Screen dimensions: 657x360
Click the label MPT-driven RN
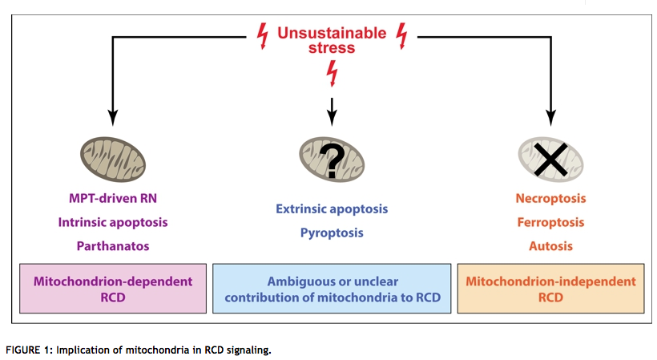(113, 198)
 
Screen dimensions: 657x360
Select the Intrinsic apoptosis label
(113, 222)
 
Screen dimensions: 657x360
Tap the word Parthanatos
(113, 246)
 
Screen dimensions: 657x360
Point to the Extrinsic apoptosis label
(332, 208)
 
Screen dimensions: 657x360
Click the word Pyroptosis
(332, 233)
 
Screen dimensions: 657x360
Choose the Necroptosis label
(550, 198)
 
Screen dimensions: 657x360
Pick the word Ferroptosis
(550, 222)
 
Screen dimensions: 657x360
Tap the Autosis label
(550, 246)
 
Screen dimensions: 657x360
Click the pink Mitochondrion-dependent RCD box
(113, 289)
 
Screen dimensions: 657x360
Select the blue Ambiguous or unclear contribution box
(332, 289)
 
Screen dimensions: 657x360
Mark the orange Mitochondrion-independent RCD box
(550, 289)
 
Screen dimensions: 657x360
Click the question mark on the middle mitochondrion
(332, 161)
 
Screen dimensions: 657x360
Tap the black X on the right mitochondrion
(550, 160)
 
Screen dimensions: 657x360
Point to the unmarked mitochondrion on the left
(113, 160)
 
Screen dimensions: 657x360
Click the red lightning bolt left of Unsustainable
(263, 36)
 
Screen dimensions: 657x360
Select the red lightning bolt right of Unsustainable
(402, 36)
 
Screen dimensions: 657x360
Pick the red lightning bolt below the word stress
(332, 73)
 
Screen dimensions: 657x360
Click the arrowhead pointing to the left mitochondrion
(113, 118)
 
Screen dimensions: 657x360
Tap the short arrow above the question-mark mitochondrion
(332, 112)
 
